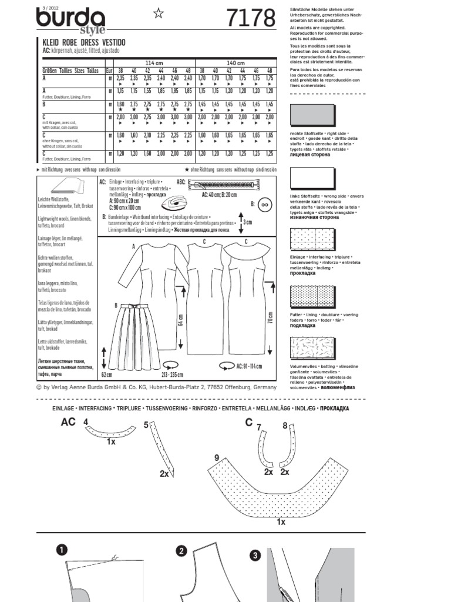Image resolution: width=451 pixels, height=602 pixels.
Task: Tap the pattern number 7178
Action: [251, 19]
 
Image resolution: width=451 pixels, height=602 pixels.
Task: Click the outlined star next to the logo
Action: [159, 14]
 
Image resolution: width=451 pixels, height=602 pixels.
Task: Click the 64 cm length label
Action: [181, 319]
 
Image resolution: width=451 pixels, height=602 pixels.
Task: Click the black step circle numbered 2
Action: [181, 551]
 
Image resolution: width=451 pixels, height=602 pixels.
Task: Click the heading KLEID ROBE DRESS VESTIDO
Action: [80, 43]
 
